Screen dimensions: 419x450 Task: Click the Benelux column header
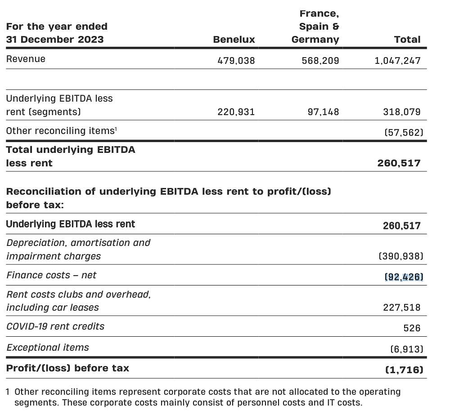click(x=234, y=40)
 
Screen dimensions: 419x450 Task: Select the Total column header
click(x=407, y=40)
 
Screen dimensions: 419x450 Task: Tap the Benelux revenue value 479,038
click(x=236, y=60)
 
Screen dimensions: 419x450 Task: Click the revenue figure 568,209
click(x=320, y=60)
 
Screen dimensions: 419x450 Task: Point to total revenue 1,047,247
click(x=397, y=60)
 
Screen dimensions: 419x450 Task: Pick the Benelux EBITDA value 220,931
click(x=236, y=111)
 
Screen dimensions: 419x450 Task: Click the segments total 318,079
click(x=401, y=111)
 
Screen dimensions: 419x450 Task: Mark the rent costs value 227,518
click(x=401, y=308)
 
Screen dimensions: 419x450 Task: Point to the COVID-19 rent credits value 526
click(x=412, y=328)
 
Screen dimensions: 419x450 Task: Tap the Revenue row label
click(x=26, y=59)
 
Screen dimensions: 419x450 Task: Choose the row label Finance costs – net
click(x=51, y=275)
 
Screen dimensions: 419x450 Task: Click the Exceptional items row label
click(x=48, y=348)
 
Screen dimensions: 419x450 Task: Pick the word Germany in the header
click(x=315, y=40)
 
